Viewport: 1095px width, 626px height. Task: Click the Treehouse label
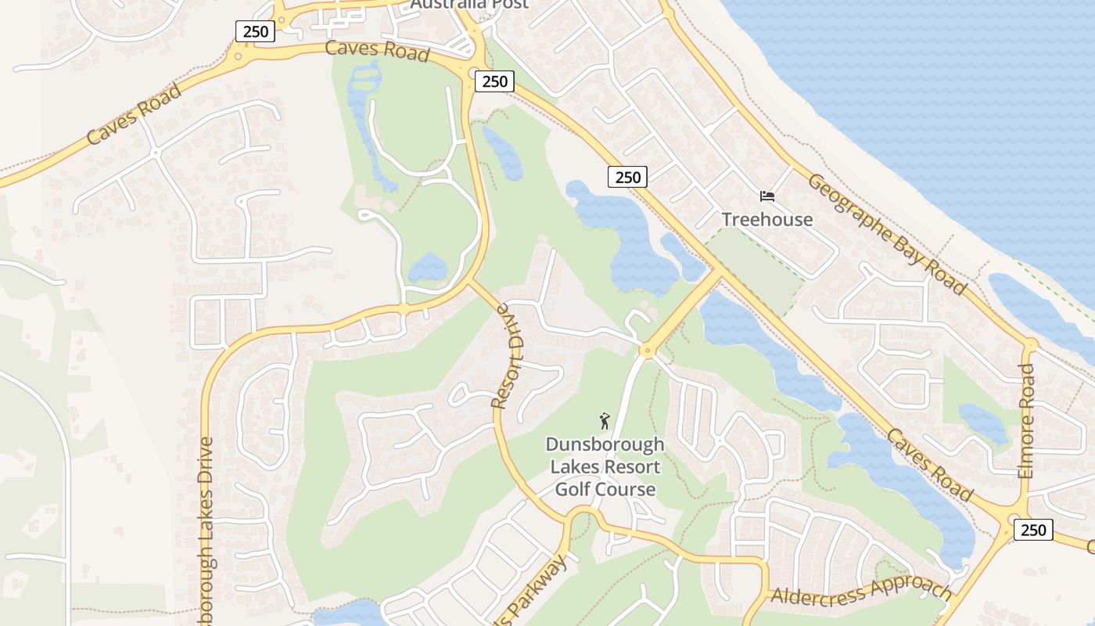[766, 219]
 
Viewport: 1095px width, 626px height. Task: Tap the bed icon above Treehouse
[766, 196]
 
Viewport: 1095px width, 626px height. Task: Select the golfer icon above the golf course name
[604, 422]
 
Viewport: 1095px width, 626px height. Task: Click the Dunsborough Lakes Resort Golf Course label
[605, 467]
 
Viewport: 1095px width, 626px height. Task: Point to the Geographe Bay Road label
[886, 233]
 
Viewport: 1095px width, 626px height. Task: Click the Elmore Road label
[1026, 421]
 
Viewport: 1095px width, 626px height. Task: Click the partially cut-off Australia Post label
[469, 4]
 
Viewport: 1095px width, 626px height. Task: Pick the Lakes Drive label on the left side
[206, 532]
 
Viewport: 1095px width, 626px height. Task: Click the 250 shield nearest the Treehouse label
[627, 177]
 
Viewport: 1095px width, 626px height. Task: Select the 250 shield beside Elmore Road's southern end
[1032, 530]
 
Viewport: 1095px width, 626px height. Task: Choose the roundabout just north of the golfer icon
[647, 351]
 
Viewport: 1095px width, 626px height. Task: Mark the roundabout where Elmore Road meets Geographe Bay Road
[1030, 344]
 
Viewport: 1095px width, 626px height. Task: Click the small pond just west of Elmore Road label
[982, 423]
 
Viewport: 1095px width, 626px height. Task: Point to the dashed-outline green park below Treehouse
[755, 266]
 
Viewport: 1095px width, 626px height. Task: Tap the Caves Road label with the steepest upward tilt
[134, 113]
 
